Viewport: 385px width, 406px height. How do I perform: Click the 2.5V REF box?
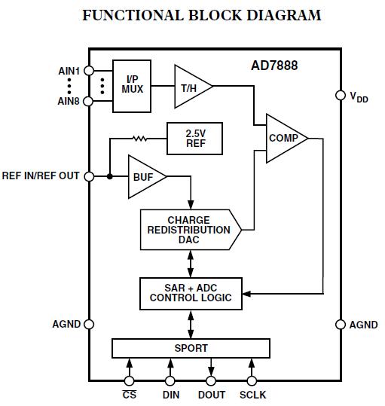pyautogui.click(x=196, y=138)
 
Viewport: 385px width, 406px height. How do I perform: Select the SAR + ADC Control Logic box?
pyautogui.click(x=190, y=292)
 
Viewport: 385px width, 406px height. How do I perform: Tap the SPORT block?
pyautogui.click(x=190, y=349)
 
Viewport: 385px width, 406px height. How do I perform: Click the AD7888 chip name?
pyautogui.click(x=273, y=66)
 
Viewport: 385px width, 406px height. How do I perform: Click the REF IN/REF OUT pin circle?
pyautogui.click(x=89, y=176)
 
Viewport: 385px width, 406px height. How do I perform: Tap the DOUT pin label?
pyautogui.click(x=211, y=395)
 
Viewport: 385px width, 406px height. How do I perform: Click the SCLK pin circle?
pyautogui.click(x=252, y=381)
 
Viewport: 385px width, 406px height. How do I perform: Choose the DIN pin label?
pyautogui.click(x=170, y=395)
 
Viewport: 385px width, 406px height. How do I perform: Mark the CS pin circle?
pyautogui.click(x=130, y=381)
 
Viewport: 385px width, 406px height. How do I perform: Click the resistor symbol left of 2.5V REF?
pyautogui.click(x=139, y=138)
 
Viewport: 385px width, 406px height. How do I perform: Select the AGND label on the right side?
pyautogui.click(x=363, y=325)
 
